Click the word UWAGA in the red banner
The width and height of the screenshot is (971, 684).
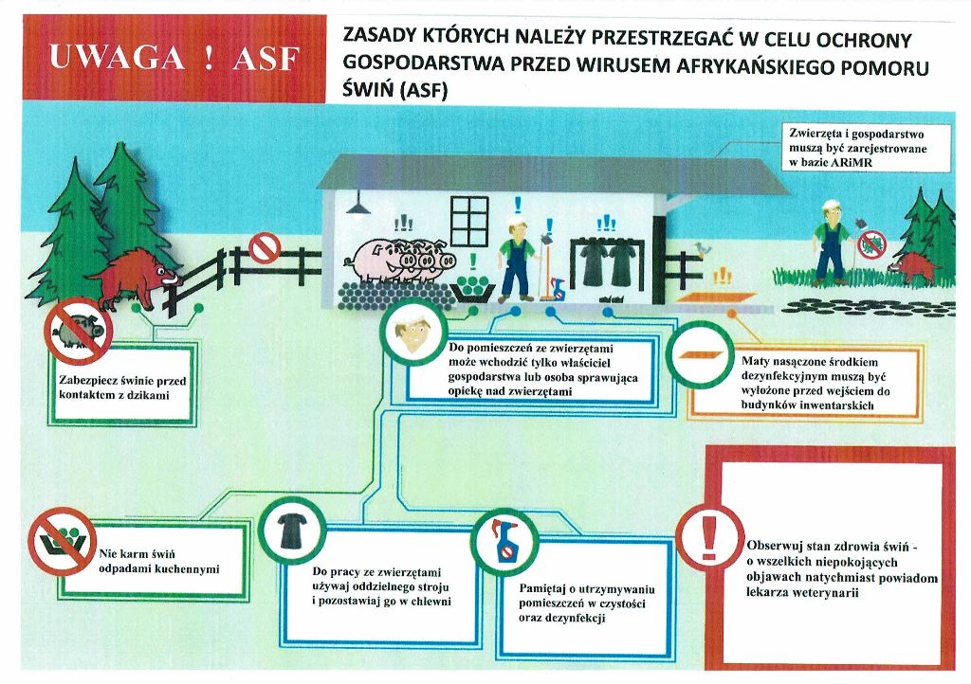click(x=117, y=57)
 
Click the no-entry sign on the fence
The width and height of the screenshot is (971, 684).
click(x=265, y=248)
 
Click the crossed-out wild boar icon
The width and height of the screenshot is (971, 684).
click(x=78, y=331)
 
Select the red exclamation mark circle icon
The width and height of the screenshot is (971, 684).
click(x=709, y=537)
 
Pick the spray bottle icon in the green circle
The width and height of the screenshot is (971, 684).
click(x=504, y=542)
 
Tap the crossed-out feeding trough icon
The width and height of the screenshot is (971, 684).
click(x=63, y=541)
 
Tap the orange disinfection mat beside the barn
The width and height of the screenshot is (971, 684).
click(x=715, y=297)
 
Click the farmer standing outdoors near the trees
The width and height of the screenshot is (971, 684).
click(x=832, y=242)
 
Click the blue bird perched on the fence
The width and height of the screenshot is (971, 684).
click(x=701, y=247)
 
